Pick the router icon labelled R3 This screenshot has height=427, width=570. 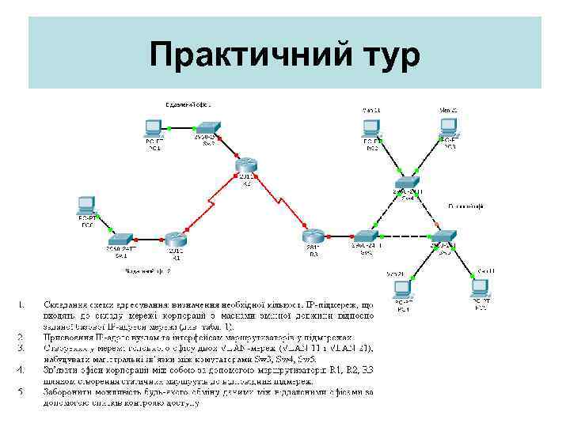tap(313, 236)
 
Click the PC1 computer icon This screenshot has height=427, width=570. tap(154, 128)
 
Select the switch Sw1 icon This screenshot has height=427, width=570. tap(121, 240)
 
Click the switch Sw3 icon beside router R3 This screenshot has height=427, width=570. tap(367, 236)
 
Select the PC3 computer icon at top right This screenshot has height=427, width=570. tap(449, 128)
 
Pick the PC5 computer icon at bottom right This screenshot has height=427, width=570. tap(480, 288)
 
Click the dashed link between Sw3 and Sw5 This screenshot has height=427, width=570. tap(405, 236)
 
